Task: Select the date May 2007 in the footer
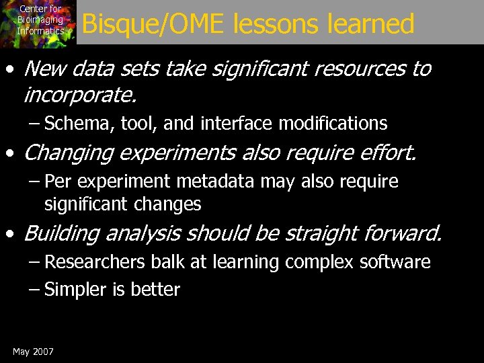coord(33,352)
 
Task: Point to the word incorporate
coord(79,95)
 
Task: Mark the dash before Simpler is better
coord(35,290)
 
